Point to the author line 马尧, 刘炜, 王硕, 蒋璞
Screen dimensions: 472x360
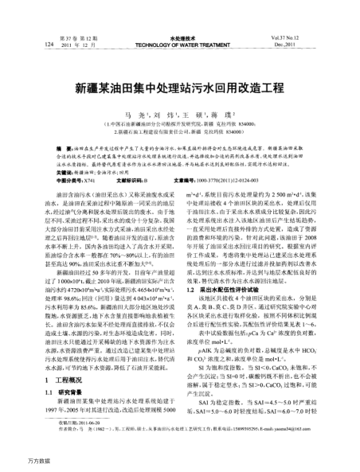tap(179, 115)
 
